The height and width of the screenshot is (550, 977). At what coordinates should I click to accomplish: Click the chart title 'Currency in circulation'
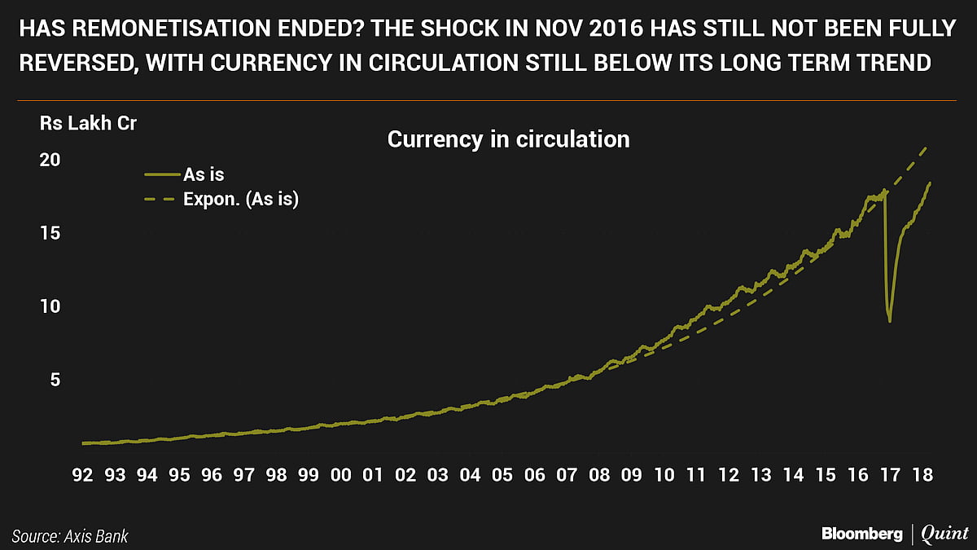pyautogui.click(x=508, y=139)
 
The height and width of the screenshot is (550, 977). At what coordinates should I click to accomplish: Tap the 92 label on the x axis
pyautogui.click(x=82, y=475)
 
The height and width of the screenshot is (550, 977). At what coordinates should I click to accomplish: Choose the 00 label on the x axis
pyautogui.click(x=341, y=475)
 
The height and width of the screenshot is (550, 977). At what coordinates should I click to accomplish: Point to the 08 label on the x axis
pyautogui.click(x=599, y=475)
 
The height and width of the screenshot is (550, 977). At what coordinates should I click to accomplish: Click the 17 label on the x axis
pyautogui.click(x=890, y=475)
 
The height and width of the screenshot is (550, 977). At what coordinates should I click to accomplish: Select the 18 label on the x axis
pyautogui.click(x=922, y=475)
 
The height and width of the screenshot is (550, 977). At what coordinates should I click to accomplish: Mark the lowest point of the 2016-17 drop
pyautogui.click(x=890, y=321)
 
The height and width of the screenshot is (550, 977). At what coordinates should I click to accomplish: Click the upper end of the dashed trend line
pyautogui.click(x=928, y=147)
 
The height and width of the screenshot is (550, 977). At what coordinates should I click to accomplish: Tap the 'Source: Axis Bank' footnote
pyautogui.click(x=70, y=536)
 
